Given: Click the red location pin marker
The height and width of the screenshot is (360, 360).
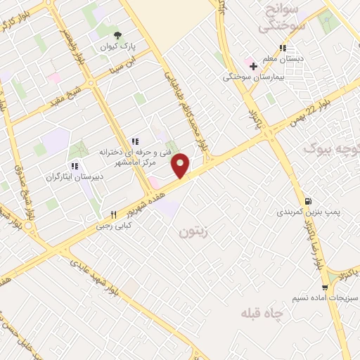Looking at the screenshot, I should pos(181,165).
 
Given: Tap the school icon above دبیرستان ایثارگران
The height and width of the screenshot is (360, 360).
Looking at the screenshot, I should pos(74,167).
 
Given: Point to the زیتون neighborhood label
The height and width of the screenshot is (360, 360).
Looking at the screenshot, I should pos(194,230).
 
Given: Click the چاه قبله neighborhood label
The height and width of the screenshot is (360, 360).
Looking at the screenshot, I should pos(259,312).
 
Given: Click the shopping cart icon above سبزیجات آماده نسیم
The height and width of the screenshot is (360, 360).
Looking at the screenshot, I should pos(324,288).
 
